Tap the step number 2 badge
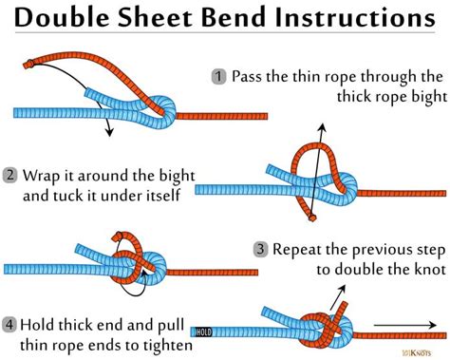click(x=10, y=175)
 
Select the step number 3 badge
click(x=259, y=249)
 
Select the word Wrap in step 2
click(x=44, y=175)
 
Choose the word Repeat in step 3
click(x=297, y=249)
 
